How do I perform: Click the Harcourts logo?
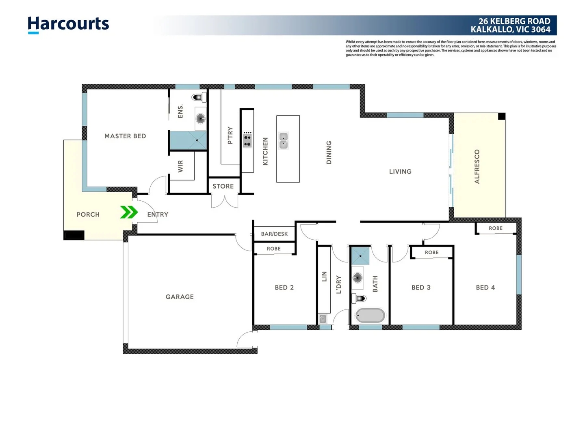[x=68, y=24]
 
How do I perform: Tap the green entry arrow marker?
[x=129, y=212]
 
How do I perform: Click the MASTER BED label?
[x=125, y=136]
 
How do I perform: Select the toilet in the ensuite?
[x=199, y=97]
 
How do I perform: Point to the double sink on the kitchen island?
[x=284, y=141]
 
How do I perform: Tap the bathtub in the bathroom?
[x=370, y=316]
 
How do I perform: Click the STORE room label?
[x=223, y=186]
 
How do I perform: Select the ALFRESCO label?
[x=477, y=167]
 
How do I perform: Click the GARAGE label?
[x=180, y=297]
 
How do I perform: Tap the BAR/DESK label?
[x=274, y=234]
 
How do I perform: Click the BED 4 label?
[x=485, y=288]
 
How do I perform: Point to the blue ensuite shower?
[x=188, y=140]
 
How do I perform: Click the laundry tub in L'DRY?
[x=323, y=319]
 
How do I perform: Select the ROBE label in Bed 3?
[x=431, y=252]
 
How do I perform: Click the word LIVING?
[x=400, y=172]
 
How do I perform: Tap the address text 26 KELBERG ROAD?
[x=514, y=21]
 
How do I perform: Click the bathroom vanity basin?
[x=357, y=278]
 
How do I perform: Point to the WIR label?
[x=181, y=166]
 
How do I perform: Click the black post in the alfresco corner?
[x=502, y=116]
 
